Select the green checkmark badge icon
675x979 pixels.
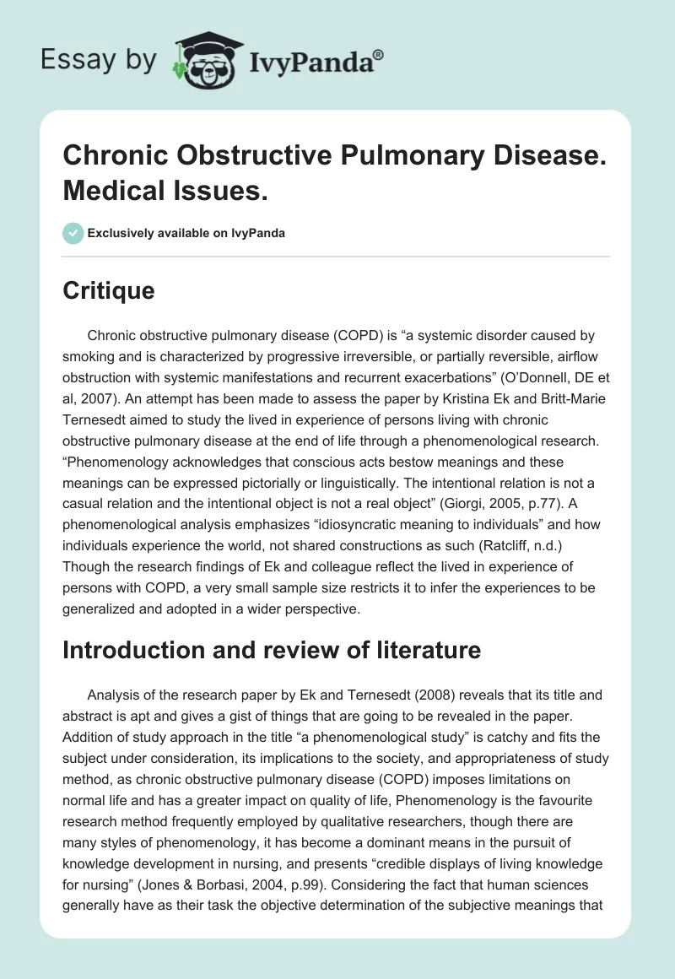tap(73, 233)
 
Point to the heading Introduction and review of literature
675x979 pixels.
tap(272, 650)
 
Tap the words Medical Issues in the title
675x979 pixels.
tap(165, 192)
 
